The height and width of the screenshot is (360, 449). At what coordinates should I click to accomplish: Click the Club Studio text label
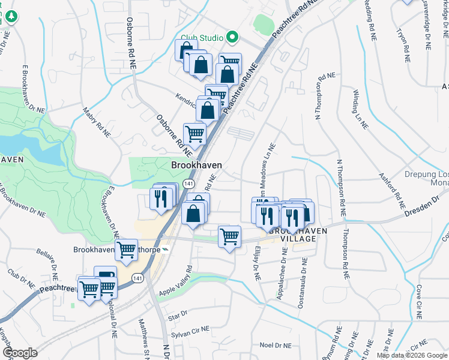202,38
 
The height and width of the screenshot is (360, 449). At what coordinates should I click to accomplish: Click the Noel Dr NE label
275,346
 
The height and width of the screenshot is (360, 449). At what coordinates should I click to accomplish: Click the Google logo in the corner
20,353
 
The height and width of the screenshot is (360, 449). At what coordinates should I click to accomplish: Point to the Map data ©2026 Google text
412,355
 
